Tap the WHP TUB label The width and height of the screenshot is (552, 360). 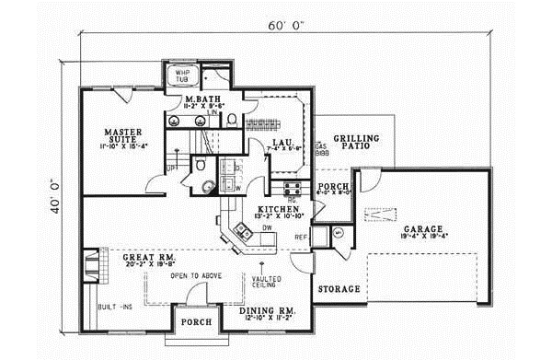tap(176, 76)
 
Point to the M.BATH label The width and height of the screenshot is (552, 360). tap(201, 99)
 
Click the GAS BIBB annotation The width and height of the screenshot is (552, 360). tap(321, 150)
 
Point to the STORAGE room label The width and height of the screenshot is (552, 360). tap(339, 289)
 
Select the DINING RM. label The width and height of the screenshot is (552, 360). tap(268, 311)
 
